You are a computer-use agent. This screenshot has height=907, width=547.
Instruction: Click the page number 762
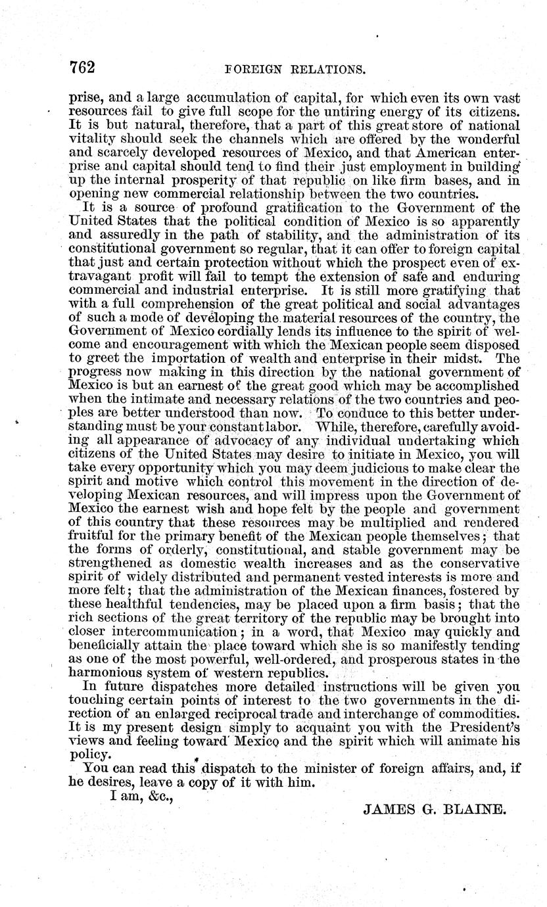click(83, 68)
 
